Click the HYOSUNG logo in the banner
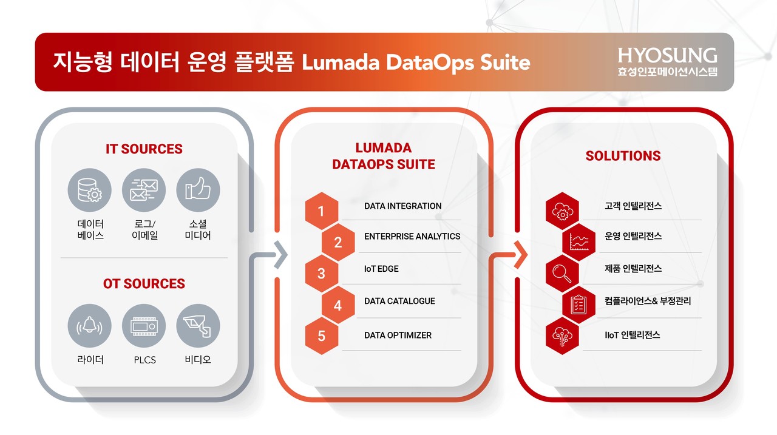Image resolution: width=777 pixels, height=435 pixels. [x=667, y=62]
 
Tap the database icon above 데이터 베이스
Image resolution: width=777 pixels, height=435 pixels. [x=89, y=190]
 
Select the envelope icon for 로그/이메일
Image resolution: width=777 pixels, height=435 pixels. [x=144, y=190]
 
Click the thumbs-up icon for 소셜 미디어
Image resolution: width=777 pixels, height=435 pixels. [x=198, y=190]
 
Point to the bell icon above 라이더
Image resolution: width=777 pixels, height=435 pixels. [x=89, y=326]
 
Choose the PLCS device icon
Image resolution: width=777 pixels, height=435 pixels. [x=144, y=326]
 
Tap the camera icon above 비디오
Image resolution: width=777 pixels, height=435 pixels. [x=198, y=326]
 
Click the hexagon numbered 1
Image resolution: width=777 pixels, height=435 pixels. [x=322, y=211]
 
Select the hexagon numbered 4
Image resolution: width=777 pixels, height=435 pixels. [x=338, y=305]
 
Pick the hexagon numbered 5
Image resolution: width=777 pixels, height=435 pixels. [x=322, y=336]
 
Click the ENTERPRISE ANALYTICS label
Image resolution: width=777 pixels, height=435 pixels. [x=412, y=237]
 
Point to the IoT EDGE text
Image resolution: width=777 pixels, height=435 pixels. [x=381, y=269]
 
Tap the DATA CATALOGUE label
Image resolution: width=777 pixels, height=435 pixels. [x=399, y=301]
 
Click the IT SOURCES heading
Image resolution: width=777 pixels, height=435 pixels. [x=144, y=149]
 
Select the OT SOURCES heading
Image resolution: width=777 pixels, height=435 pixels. [x=144, y=283]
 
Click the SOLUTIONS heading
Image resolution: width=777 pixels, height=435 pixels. [x=623, y=156]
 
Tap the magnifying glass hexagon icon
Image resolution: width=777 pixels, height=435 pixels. [x=562, y=274]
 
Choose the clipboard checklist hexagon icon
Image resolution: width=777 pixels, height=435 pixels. [x=579, y=305]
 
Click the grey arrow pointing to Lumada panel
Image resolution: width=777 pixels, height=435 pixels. [x=281, y=255]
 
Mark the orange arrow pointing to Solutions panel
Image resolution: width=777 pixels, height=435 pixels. [x=521, y=255]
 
